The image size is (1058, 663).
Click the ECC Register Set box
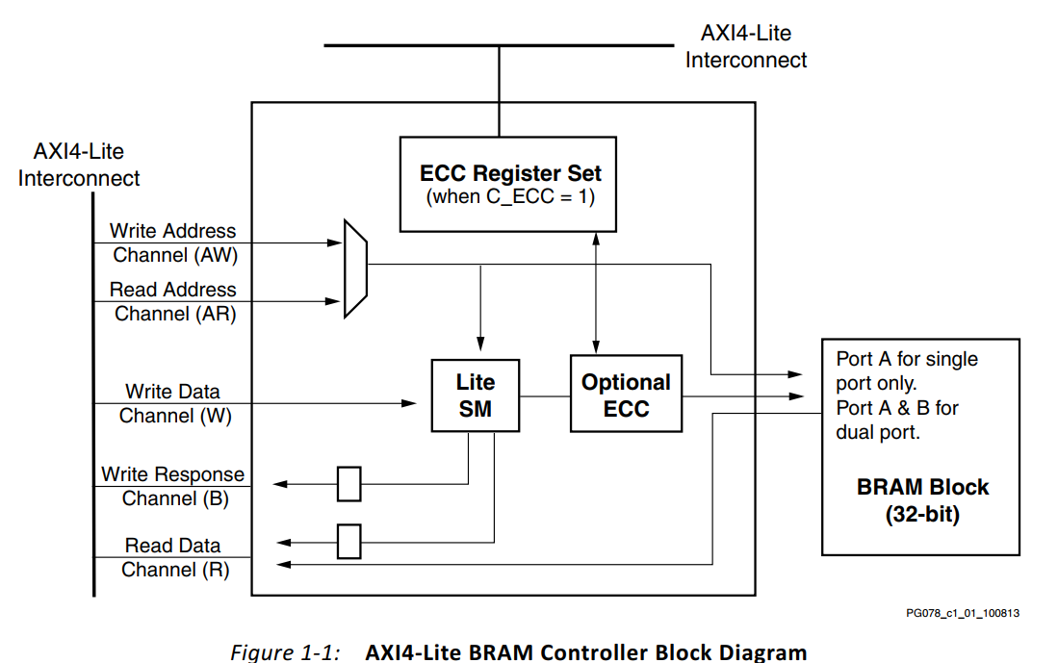point(510,184)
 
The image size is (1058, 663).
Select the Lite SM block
point(475,395)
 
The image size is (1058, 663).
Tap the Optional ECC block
point(626,395)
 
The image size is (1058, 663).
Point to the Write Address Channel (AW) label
point(173,243)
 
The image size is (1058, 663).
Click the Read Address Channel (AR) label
point(173,301)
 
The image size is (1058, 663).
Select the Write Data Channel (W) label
point(173,404)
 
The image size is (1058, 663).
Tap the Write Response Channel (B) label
point(173,486)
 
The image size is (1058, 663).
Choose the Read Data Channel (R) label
point(173,557)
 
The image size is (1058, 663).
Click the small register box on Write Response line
point(348,484)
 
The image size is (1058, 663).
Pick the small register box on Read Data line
point(348,541)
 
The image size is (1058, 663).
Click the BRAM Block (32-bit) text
point(922,500)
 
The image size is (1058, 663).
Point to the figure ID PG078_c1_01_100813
point(962,613)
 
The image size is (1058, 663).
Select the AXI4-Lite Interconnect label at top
point(745,46)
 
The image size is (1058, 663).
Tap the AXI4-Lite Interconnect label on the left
point(79,165)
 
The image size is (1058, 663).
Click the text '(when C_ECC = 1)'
point(510,197)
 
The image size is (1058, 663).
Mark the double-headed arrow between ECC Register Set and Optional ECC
point(597,293)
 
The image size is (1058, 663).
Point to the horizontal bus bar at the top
point(499,45)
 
